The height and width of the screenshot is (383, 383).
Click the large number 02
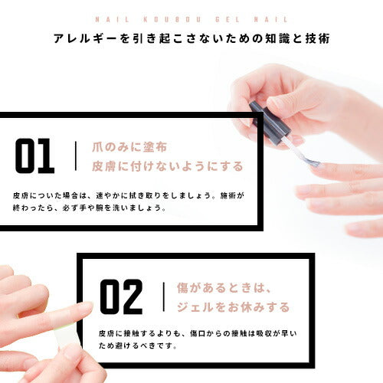121,297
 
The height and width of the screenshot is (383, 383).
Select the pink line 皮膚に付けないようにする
167,166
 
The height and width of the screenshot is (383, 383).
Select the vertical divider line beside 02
163,297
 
